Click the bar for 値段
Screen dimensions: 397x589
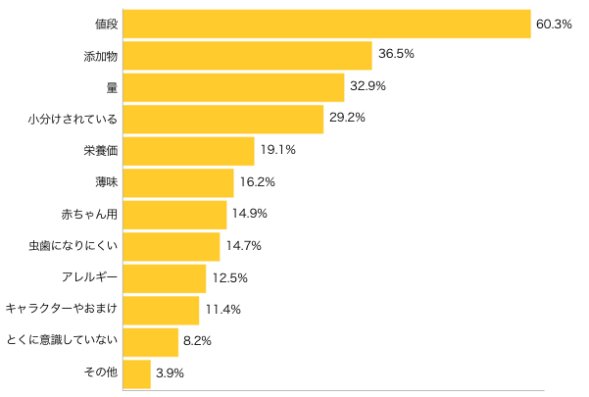point(326,24)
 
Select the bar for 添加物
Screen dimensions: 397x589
point(247,56)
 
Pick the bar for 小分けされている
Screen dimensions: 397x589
point(222,120)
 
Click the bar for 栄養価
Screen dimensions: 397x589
point(188,151)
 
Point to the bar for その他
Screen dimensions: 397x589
point(136,373)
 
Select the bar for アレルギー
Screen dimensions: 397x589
point(164,278)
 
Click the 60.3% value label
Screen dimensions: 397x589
point(554,24)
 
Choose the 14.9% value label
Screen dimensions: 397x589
point(250,214)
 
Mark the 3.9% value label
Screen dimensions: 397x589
point(170,373)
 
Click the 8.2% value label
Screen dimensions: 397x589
point(197,341)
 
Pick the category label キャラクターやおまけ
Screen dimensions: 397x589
point(62,310)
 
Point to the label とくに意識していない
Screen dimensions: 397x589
point(62,341)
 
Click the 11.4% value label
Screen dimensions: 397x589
point(222,310)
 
